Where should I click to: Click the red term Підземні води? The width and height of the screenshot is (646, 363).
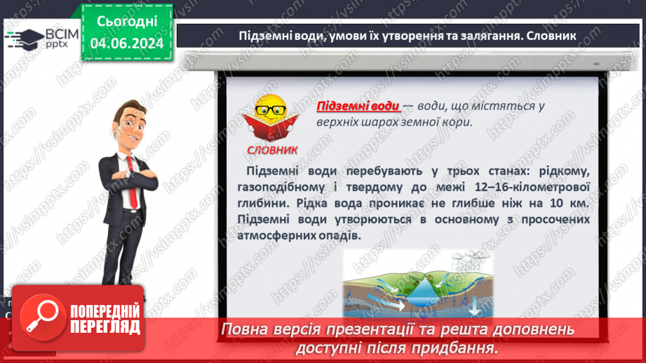358,107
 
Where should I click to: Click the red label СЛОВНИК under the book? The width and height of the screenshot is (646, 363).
272,150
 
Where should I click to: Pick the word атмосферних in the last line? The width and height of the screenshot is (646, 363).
272,235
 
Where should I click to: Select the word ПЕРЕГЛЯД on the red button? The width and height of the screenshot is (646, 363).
105,327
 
